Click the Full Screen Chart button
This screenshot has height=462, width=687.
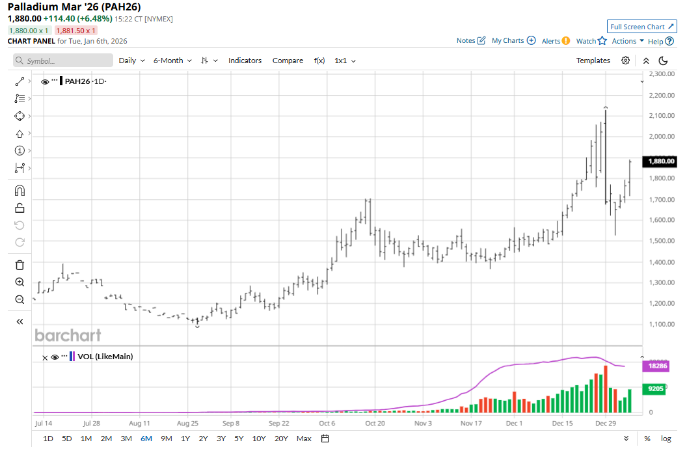[x=641, y=27]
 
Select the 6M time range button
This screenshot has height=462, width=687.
[x=146, y=438]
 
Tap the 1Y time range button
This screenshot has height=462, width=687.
[x=185, y=438]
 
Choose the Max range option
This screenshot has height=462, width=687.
[x=303, y=438]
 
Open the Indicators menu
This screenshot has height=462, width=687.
[x=245, y=61]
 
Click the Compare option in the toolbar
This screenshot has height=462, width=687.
[x=288, y=61]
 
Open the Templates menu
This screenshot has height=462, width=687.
[x=593, y=61]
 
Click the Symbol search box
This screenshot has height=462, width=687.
[x=63, y=61]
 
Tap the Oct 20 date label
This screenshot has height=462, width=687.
[x=375, y=423]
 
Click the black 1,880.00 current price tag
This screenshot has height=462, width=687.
[x=660, y=161]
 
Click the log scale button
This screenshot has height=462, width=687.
[x=666, y=438]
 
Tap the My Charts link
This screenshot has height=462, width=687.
[x=507, y=40]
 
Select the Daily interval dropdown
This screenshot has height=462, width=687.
[x=131, y=61]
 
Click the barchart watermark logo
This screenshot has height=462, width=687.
[x=68, y=336]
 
